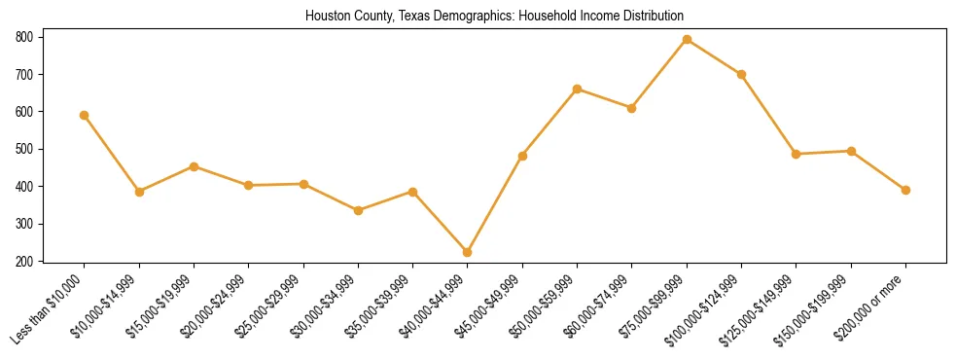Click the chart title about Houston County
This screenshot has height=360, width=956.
coord(494,16)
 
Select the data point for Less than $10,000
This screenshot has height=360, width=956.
coord(85,115)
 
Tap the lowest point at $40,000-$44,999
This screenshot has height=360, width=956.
coord(468,252)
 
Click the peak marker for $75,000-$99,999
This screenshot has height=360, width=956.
coord(687,39)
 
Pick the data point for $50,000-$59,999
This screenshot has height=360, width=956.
coord(578,89)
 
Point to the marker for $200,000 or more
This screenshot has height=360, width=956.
coord(905,190)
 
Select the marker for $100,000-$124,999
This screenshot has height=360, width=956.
coord(742,74)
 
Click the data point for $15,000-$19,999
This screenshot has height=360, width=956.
coord(194,166)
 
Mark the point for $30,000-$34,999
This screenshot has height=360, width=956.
coord(358,210)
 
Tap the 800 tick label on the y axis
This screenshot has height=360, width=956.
coord(23,37)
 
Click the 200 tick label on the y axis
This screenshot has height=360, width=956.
coord(23,261)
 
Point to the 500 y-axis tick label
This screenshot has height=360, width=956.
coord(23,149)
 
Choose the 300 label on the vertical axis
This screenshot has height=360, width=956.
coord(23,224)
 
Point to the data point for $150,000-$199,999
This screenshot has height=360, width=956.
coord(851,151)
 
